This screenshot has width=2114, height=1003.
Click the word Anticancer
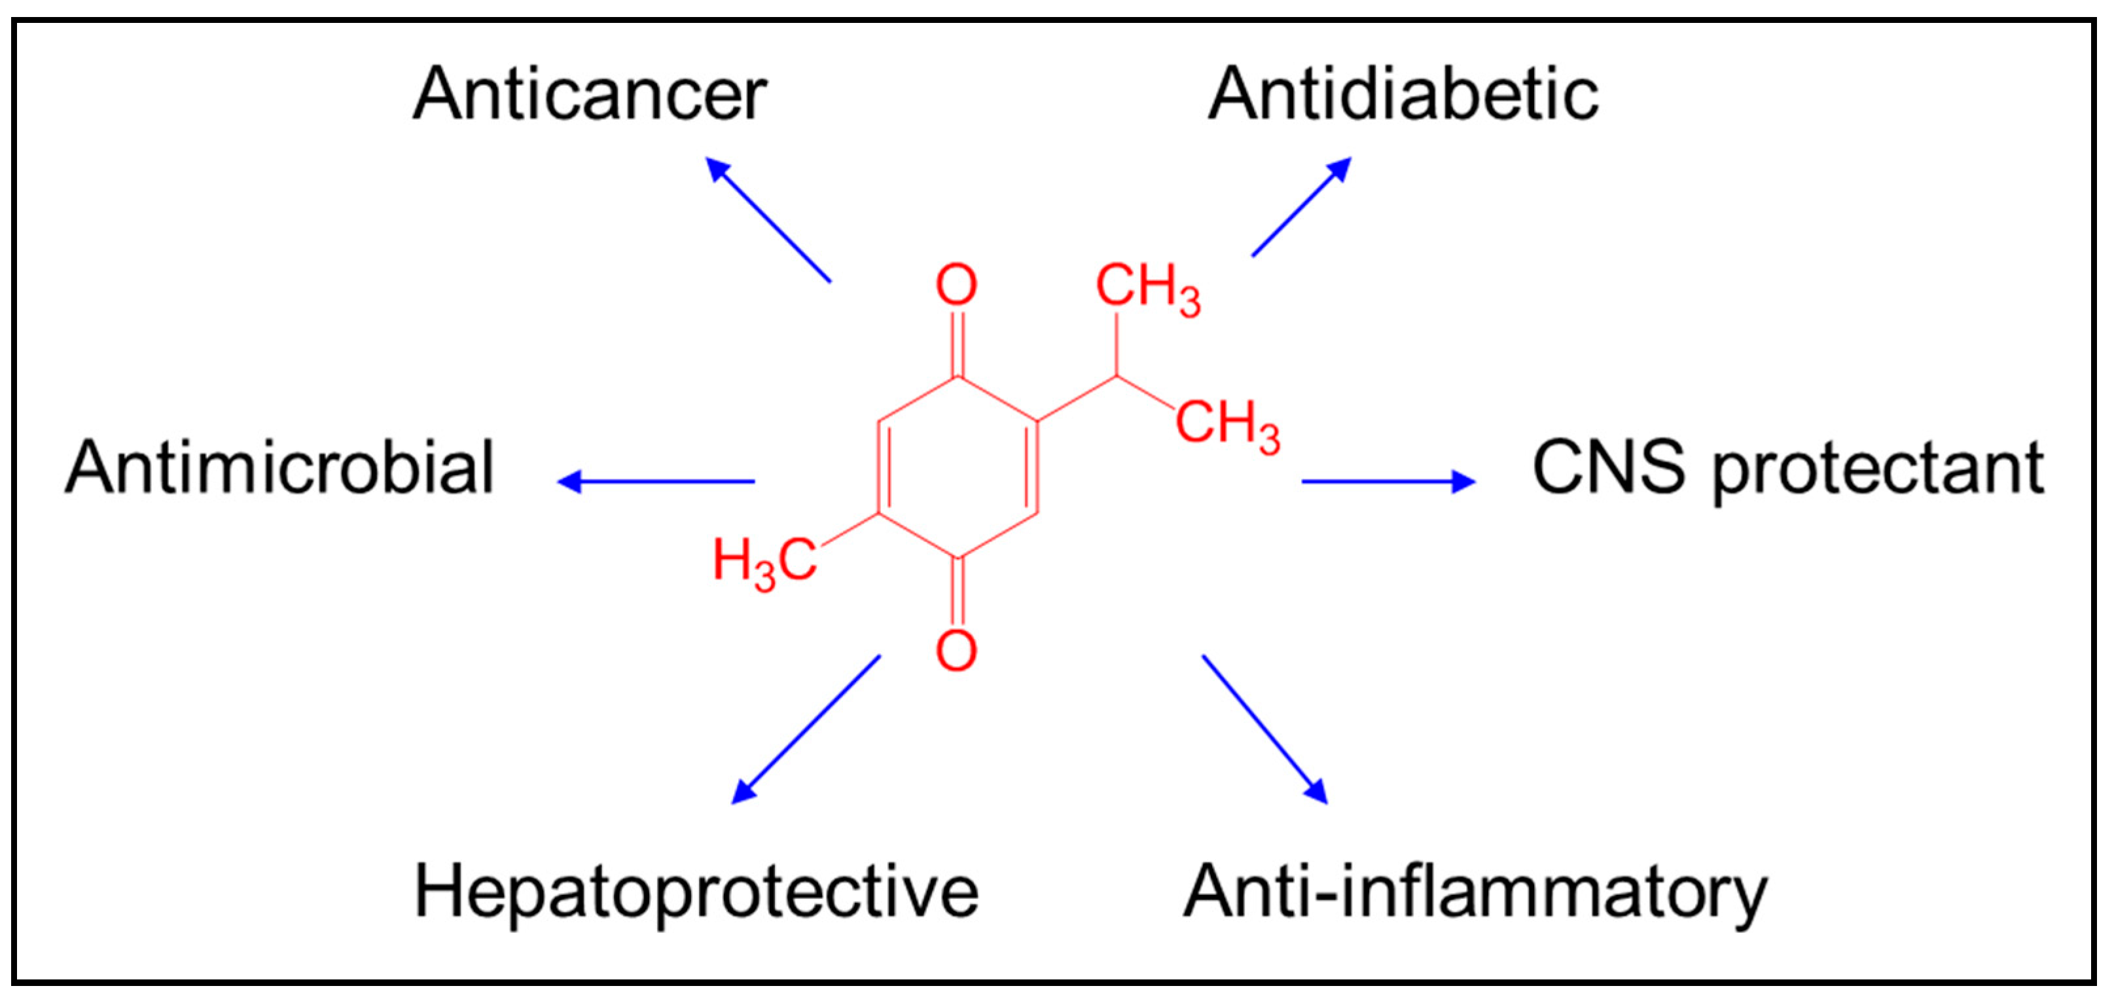[x=589, y=94]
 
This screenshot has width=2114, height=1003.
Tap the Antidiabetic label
[x=1403, y=94]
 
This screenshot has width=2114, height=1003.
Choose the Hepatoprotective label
[x=696, y=893]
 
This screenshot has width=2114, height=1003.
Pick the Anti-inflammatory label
[x=1475, y=893]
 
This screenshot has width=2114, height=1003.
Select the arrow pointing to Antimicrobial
[x=656, y=482]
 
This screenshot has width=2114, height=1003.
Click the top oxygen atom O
[x=957, y=285]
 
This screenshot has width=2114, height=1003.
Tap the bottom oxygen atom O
[x=957, y=651]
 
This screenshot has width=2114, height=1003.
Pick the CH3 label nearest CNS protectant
[x=1227, y=425]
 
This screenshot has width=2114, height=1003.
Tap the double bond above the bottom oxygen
[x=957, y=592]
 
